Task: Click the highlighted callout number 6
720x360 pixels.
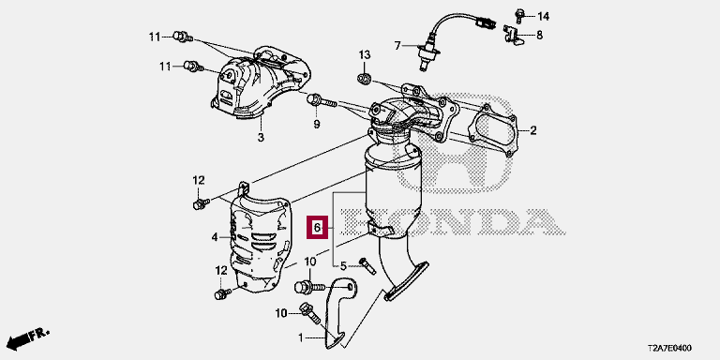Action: pyautogui.click(x=317, y=227)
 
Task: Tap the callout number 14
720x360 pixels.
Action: pyautogui.click(x=543, y=17)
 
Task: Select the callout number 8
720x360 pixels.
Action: pyautogui.click(x=540, y=35)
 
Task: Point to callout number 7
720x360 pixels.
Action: pyautogui.click(x=397, y=45)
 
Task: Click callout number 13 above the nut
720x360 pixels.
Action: pyautogui.click(x=364, y=55)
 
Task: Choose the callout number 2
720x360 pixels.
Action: pyautogui.click(x=533, y=131)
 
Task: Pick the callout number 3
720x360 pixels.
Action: pyautogui.click(x=261, y=137)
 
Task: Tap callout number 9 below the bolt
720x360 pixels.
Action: pyautogui.click(x=316, y=124)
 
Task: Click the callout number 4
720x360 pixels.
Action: pyautogui.click(x=215, y=237)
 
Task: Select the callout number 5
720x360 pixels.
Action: pyautogui.click(x=343, y=266)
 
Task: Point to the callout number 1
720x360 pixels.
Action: pyautogui.click(x=300, y=338)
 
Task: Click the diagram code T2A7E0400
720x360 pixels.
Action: pyautogui.click(x=668, y=349)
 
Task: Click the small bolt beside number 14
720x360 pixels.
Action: pyautogui.click(x=519, y=15)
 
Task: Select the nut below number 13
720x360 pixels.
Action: pyautogui.click(x=364, y=79)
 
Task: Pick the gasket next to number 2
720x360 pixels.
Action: pyautogui.click(x=492, y=130)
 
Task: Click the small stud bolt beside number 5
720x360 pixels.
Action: pyautogui.click(x=367, y=266)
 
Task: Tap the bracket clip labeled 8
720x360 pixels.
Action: pyautogui.click(x=514, y=35)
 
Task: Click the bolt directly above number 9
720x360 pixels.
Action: pyautogui.click(x=322, y=100)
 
